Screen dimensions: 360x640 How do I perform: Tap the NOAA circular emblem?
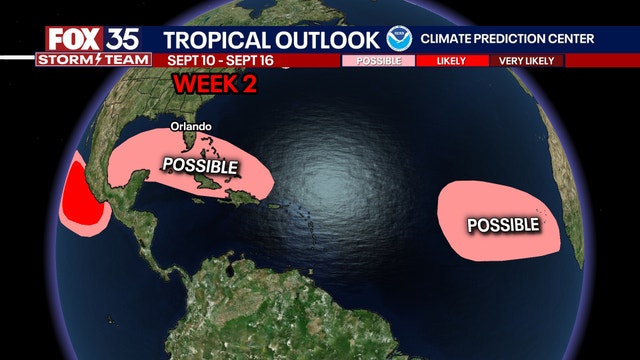pos(399,39)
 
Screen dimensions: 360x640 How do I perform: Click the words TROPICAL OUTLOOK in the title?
pos(271,39)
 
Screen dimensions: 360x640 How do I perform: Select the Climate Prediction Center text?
pos(508,39)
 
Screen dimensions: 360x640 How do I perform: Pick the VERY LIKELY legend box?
pos(527,60)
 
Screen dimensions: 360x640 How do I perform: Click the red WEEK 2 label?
pos(214,85)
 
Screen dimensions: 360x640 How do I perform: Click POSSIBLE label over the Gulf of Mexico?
pos(200,165)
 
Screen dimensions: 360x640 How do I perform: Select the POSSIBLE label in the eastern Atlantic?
pos(502,224)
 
